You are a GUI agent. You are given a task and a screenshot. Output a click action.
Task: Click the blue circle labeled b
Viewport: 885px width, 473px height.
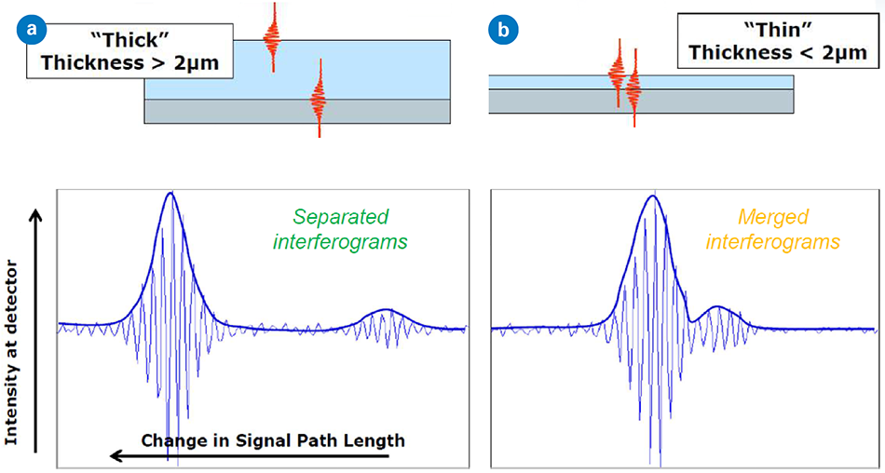pos(504,30)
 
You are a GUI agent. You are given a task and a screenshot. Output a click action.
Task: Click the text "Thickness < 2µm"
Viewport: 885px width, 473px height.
pos(778,53)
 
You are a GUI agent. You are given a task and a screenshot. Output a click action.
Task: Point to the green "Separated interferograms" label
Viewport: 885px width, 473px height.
pos(341,229)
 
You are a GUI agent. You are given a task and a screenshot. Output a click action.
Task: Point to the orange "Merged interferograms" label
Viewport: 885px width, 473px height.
pos(772,229)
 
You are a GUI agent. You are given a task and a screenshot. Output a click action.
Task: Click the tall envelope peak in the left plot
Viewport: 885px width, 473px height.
pos(170,195)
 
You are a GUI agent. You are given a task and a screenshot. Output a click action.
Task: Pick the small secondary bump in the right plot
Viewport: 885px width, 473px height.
pos(717,307)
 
